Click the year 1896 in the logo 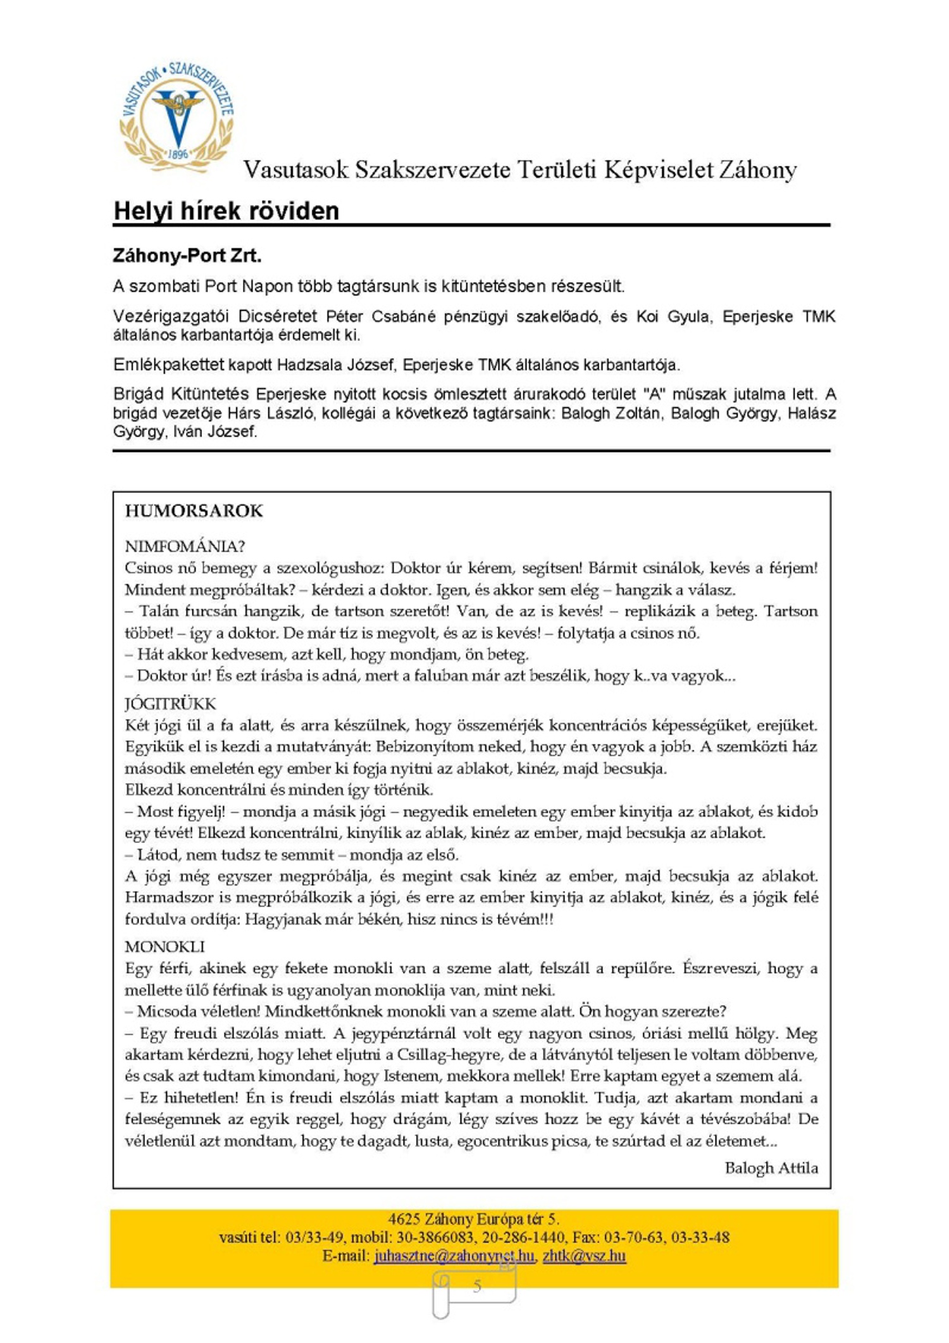click(x=178, y=154)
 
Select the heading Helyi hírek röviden click(x=226, y=211)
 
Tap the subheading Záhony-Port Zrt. click(x=187, y=256)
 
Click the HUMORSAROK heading click(x=194, y=511)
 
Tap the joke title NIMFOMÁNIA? click(x=185, y=546)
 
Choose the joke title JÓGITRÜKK click(x=170, y=704)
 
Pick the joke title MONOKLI click(x=164, y=947)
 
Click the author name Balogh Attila click(x=771, y=1168)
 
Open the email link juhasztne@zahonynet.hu click(x=454, y=1255)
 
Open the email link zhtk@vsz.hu click(x=584, y=1255)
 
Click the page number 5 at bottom click(x=477, y=1285)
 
